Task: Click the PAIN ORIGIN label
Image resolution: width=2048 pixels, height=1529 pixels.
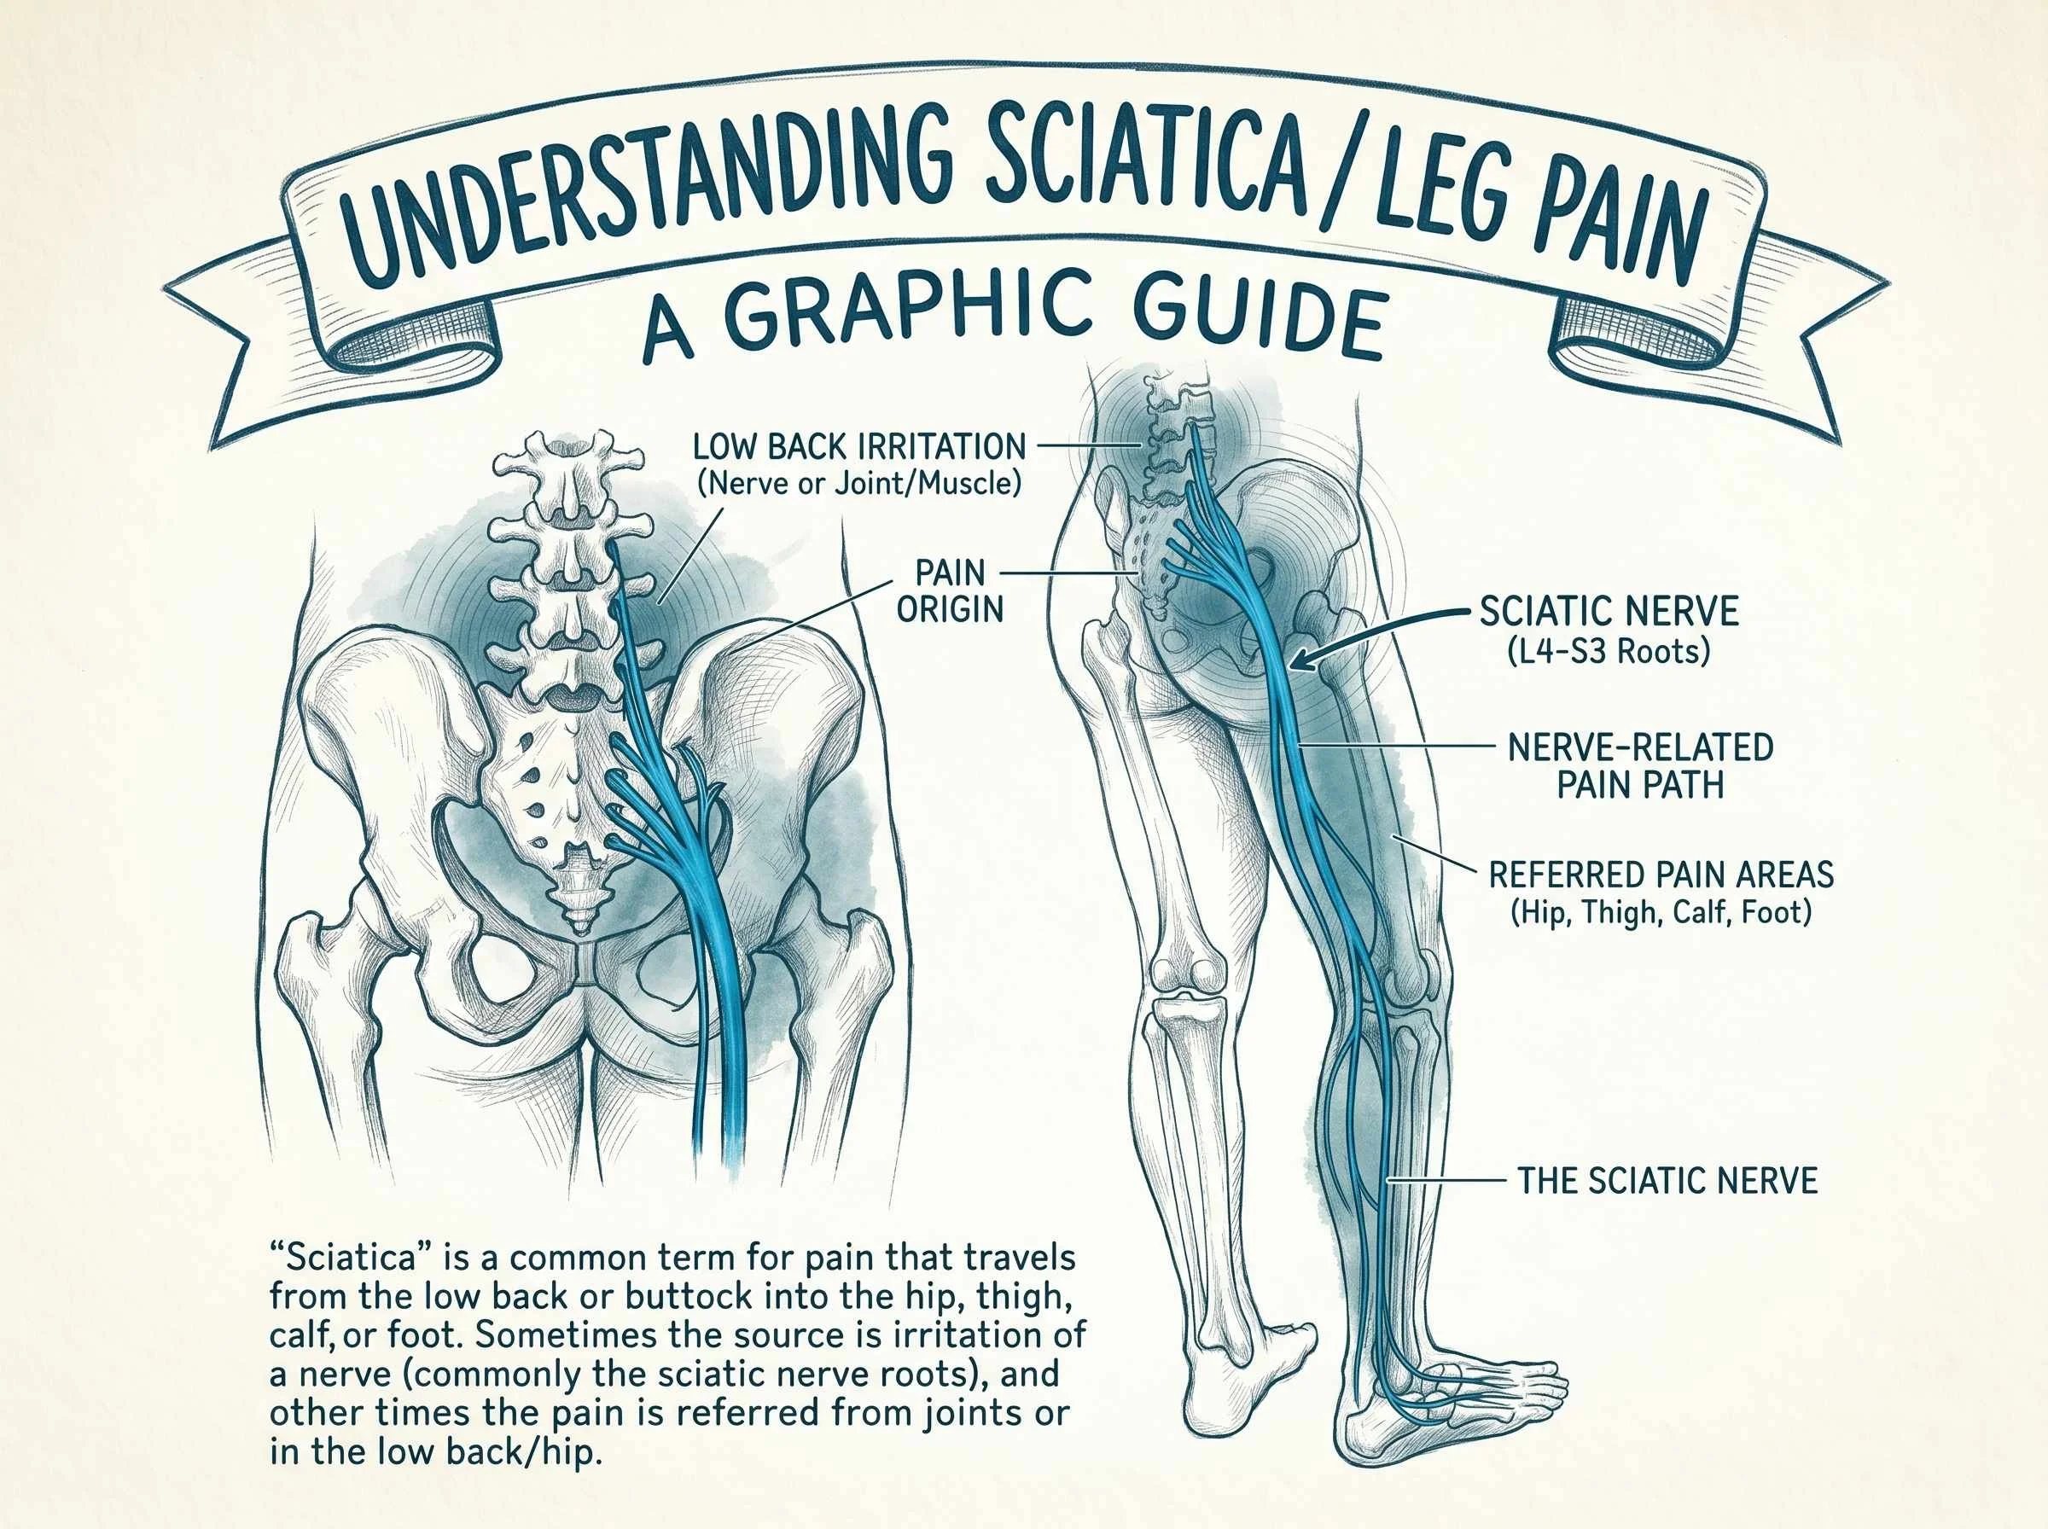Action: coord(951,590)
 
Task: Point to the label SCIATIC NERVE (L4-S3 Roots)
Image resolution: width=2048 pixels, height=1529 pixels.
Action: coord(1609,631)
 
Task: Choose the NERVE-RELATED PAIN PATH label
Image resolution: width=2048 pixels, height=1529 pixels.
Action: coord(1640,766)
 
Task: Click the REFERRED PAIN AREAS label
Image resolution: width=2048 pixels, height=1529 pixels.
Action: coord(1661,893)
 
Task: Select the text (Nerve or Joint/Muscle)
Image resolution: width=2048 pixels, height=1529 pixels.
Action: coord(858,483)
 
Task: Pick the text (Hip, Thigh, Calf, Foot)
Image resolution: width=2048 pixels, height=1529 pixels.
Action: coord(1661,913)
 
